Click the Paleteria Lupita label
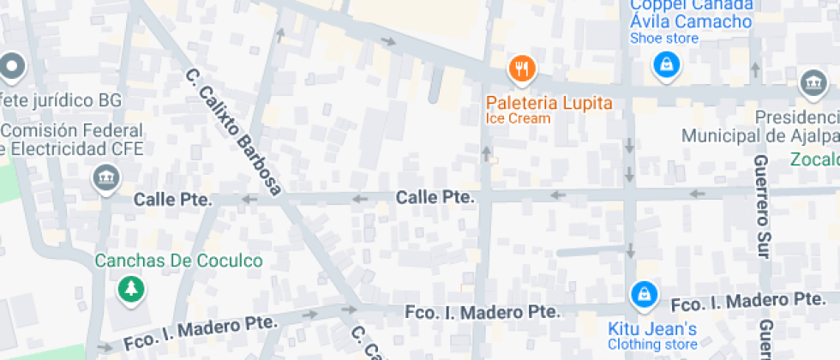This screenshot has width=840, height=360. coord(549,103)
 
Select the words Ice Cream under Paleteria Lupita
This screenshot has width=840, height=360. coord(518,118)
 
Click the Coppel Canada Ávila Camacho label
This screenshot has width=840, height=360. coord(691,14)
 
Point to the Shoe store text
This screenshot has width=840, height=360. coord(664,38)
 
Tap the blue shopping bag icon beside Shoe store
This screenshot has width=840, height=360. coord(665,63)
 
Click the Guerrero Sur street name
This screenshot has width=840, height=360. coord(760,206)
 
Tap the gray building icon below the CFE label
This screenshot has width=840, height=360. coord(106,179)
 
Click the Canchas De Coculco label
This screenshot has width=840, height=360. coord(179,261)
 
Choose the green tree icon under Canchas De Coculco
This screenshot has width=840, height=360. coord(130,289)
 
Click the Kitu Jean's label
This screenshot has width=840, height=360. coord(652,329)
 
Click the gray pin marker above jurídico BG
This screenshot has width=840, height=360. coord(12,65)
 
